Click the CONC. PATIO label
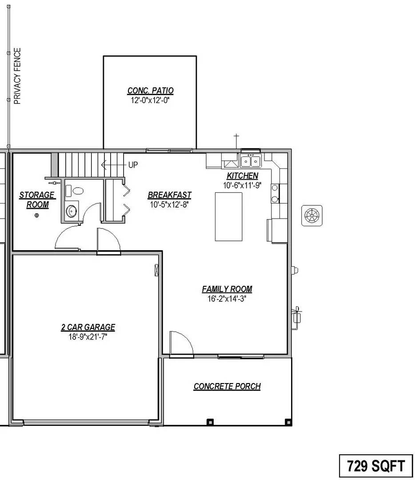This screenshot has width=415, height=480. pyautogui.click(x=150, y=91)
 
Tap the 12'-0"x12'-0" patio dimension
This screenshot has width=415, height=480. pyautogui.click(x=150, y=100)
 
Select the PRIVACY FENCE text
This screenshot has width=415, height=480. pyautogui.click(x=18, y=76)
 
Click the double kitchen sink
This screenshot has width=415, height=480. pyautogui.click(x=250, y=160)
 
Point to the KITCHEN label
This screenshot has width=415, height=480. pyautogui.click(x=242, y=176)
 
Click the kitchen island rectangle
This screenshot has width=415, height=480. pyautogui.click(x=229, y=216)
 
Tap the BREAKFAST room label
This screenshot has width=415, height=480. pyautogui.click(x=169, y=195)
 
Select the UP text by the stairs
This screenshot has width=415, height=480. pyautogui.click(x=133, y=165)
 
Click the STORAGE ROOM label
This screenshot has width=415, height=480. pyautogui.click(x=37, y=200)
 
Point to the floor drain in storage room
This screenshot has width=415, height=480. pyautogui.click(x=37, y=216)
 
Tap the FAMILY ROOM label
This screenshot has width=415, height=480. pyautogui.click(x=227, y=289)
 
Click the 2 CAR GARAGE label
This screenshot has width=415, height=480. pyautogui.click(x=88, y=328)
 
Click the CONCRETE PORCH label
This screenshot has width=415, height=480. pyautogui.click(x=227, y=386)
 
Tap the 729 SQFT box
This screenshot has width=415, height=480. pyautogui.click(x=376, y=466)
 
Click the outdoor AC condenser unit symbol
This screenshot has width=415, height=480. pyautogui.click(x=312, y=216)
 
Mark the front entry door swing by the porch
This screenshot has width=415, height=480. pyautogui.click(x=180, y=343)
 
